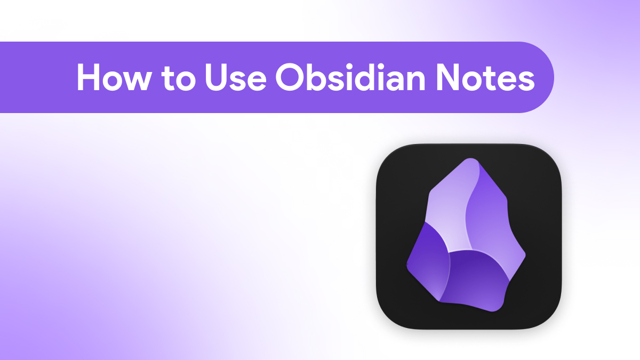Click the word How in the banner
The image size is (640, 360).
(x=113, y=77)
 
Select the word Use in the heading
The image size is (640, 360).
(x=236, y=78)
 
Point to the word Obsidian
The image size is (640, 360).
(x=350, y=77)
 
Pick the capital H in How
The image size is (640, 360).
(x=89, y=77)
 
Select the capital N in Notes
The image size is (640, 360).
(x=447, y=77)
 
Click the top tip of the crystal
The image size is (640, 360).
(x=470, y=159)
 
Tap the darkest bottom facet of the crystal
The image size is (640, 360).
(x=476, y=280)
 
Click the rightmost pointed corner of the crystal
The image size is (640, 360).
(x=525, y=254)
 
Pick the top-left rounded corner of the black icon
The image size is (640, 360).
(x=386, y=154)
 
